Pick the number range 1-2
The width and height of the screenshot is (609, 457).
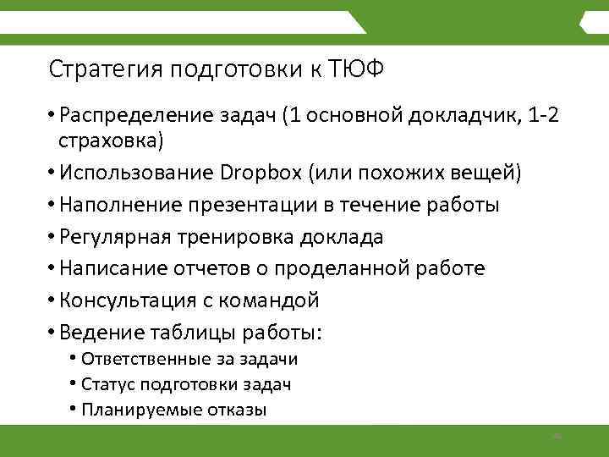click(541, 115)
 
